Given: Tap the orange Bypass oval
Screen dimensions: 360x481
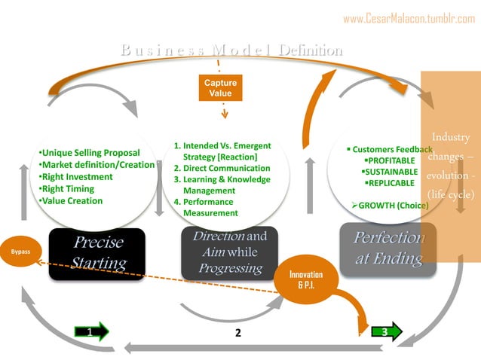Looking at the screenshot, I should click(21, 251).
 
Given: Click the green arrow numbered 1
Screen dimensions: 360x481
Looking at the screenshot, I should click(92, 331).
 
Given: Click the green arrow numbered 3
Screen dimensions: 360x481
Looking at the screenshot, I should click(384, 331).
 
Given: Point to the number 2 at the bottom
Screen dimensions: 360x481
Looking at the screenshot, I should click(237, 333).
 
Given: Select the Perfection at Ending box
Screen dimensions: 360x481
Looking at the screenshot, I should click(388, 248).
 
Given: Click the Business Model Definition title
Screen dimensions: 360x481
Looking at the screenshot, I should click(231, 50).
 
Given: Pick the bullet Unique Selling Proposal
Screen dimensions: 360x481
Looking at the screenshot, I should click(89, 153).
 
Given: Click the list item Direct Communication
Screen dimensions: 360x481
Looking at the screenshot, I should click(222, 169).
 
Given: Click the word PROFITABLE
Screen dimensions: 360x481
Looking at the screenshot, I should click(390, 160).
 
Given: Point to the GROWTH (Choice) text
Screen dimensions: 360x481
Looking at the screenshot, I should click(390, 205).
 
